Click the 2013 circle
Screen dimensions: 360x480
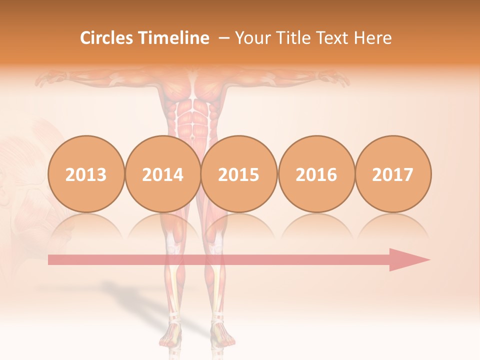(86, 174)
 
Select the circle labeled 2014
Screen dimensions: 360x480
(163, 174)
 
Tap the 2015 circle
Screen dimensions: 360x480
(239, 174)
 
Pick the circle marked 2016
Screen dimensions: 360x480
(316, 174)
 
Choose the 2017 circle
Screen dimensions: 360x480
(393, 174)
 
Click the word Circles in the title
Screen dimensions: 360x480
(107, 38)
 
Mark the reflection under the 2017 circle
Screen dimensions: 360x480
(393, 227)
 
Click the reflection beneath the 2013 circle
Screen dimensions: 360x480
(86, 227)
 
